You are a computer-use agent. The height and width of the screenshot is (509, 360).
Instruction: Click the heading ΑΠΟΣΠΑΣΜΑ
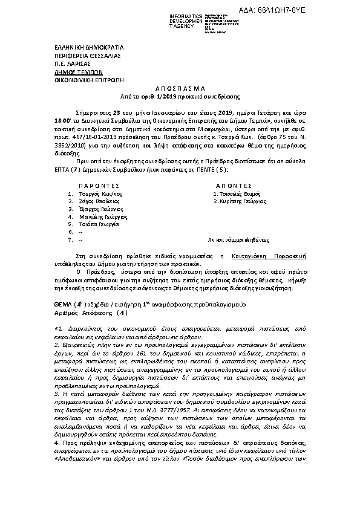click(x=180, y=88)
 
